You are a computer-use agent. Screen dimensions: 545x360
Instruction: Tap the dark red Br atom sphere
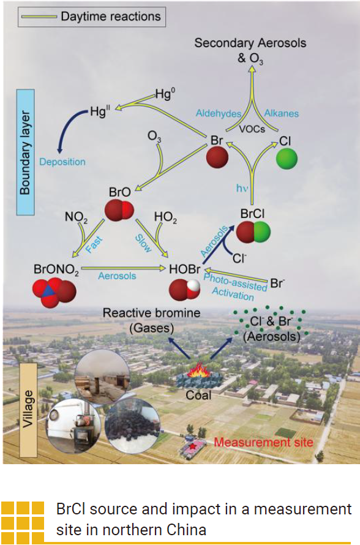pyautogui.click(x=217, y=157)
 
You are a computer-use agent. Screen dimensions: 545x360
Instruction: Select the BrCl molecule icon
pyautogui.click(x=252, y=233)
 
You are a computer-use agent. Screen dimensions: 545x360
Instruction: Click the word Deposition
pyautogui.click(x=62, y=162)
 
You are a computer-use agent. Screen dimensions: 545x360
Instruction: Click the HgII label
pyautogui.click(x=99, y=111)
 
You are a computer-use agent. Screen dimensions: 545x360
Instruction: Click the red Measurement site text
pyautogui.click(x=263, y=442)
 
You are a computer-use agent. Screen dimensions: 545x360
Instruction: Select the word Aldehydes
pyautogui.click(x=219, y=114)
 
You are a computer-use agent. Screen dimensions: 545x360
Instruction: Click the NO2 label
pyautogui.click(x=77, y=217)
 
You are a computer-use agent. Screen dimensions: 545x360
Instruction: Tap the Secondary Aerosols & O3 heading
pyautogui.click(x=250, y=49)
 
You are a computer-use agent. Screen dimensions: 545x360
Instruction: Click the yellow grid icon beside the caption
pyautogui.click(x=23, y=519)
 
